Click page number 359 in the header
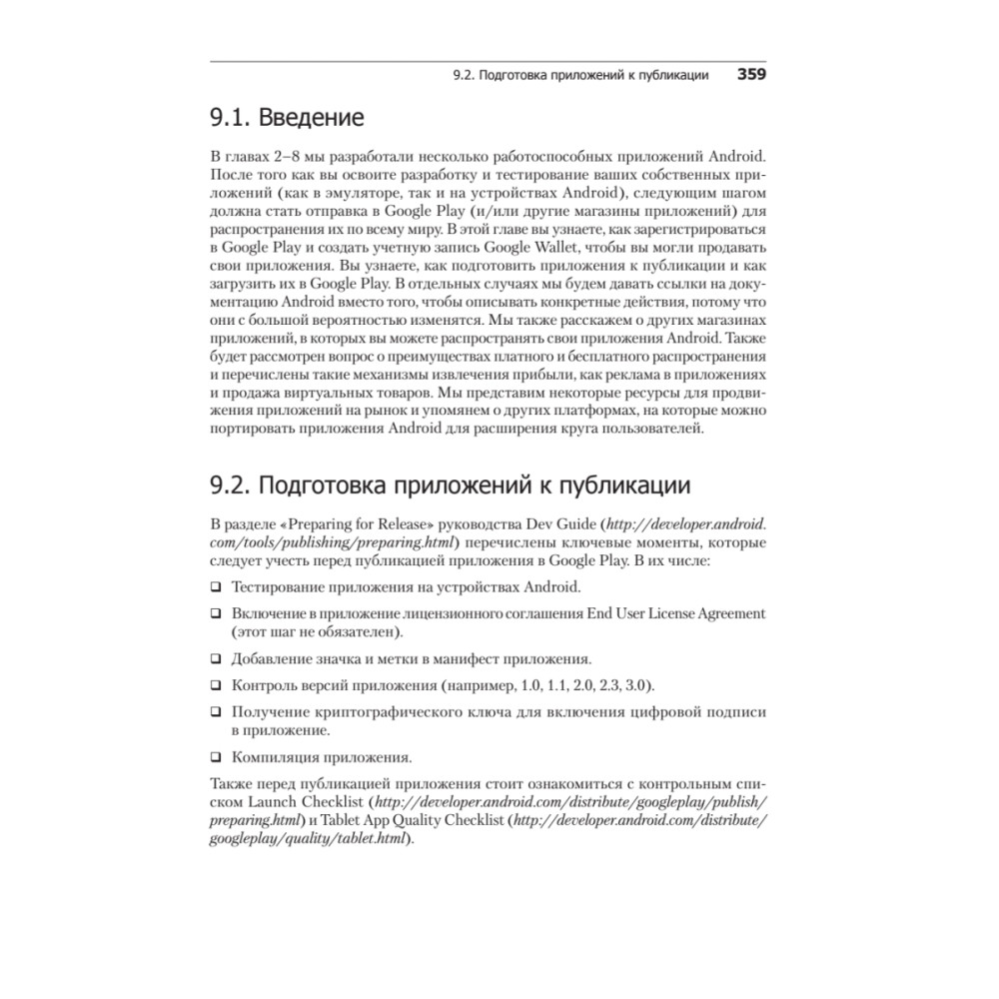tap(751, 75)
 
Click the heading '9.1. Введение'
tap(286, 118)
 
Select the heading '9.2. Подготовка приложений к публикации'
tap(450, 487)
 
